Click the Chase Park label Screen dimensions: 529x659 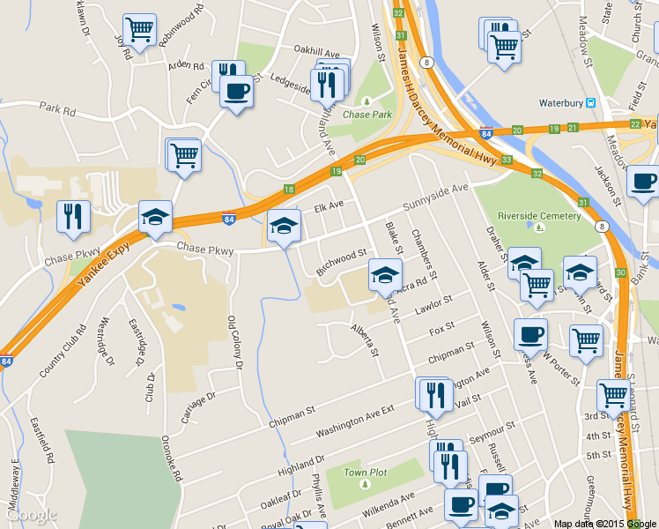[367, 115]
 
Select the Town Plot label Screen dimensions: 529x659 [366, 473]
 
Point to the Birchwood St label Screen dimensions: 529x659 [341, 258]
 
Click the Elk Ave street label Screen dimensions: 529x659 [329, 208]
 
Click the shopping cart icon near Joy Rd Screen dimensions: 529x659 [139, 30]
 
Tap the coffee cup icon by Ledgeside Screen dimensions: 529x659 [235, 90]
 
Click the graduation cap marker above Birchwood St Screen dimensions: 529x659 [284, 226]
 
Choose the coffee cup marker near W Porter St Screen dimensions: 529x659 [530, 334]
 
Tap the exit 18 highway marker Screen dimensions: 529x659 [289, 190]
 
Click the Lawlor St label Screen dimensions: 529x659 [434, 304]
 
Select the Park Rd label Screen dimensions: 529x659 [58, 110]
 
